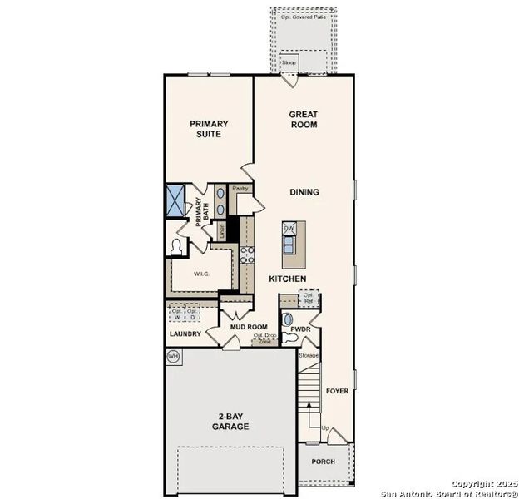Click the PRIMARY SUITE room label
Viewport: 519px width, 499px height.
pyautogui.click(x=208, y=129)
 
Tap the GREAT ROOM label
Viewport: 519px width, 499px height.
pyautogui.click(x=304, y=119)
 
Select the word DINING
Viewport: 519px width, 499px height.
pyautogui.click(x=304, y=192)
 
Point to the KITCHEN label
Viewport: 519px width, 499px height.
pyautogui.click(x=287, y=279)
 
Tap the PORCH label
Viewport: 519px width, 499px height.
pyautogui.click(x=323, y=462)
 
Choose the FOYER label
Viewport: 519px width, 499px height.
pyautogui.click(x=337, y=390)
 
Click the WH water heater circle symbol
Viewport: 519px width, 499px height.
pyautogui.click(x=174, y=357)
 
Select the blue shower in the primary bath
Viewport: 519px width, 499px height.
pyautogui.click(x=175, y=201)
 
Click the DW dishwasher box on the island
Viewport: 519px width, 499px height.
pyautogui.click(x=289, y=228)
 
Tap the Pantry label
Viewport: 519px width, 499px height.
pyautogui.click(x=240, y=189)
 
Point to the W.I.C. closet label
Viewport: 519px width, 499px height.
pyautogui.click(x=200, y=273)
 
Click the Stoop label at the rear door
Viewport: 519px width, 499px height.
pyautogui.click(x=289, y=62)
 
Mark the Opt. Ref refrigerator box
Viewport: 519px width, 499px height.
pyautogui.click(x=309, y=297)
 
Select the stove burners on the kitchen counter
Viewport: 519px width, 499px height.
pyautogui.click(x=247, y=254)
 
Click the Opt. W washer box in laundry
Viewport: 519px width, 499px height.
pyautogui.click(x=176, y=314)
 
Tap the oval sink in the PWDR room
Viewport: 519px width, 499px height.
pyautogui.click(x=288, y=319)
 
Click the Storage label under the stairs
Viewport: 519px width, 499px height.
pyautogui.click(x=309, y=355)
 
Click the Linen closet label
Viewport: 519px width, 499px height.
pyautogui.click(x=222, y=230)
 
